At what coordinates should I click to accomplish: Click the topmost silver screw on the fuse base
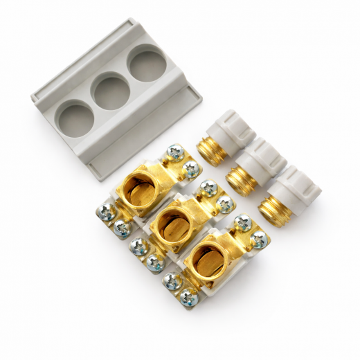click(x=175, y=152)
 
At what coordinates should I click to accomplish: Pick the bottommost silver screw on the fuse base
click(x=187, y=298)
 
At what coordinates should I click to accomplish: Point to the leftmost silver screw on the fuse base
click(x=107, y=212)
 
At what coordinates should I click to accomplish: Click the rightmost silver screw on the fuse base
click(x=259, y=240)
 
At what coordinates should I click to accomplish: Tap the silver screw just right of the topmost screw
click(x=191, y=168)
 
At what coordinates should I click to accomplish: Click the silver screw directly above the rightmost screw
click(x=242, y=223)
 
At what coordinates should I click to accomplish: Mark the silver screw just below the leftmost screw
click(x=123, y=228)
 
